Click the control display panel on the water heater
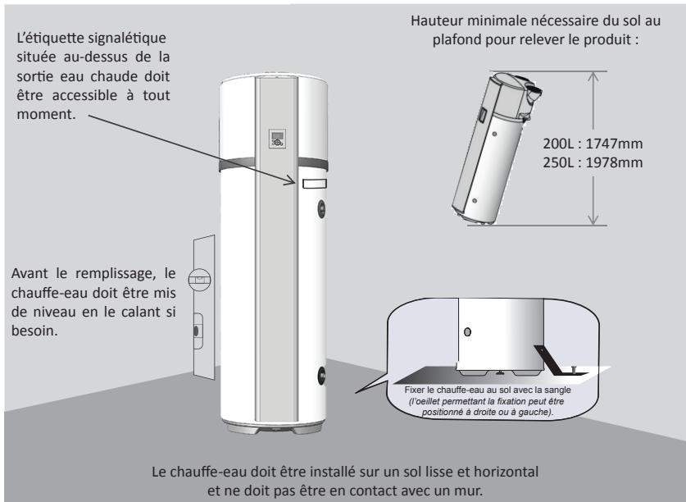click(277, 139)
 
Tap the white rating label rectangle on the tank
click(314, 184)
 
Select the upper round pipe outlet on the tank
click(321, 208)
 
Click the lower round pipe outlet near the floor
click(321, 376)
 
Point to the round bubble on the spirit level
click(199, 279)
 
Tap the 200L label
click(558, 144)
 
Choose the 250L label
click(558, 162)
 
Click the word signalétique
click(127, 38)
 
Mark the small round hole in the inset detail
click(467, 332)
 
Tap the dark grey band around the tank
click(274, 164)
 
